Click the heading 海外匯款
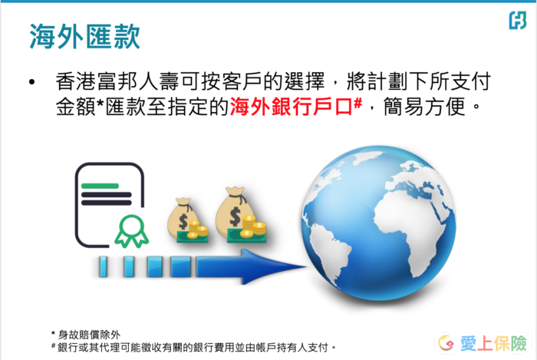tap(85, 36)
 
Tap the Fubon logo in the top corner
tap(518, 20)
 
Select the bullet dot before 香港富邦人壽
tap(32, 82)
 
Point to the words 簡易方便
tap(424, 107)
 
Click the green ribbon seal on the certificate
tap(131, 231)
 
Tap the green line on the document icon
tap(100, 186)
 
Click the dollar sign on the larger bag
tap(235, 216)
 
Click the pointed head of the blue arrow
tap(274, 266)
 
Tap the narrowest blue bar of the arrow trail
tap(103, 266)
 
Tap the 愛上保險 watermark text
tap(493, 344)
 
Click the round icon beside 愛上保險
tap(446, 343)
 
